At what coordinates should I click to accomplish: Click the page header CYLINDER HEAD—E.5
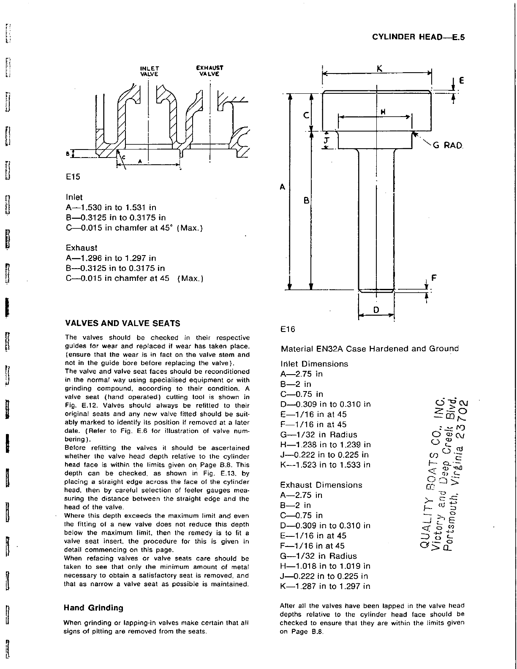(418, 37)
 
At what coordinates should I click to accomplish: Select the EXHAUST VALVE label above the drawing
(210, 71)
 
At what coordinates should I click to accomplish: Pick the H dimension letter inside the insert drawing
(383, 112)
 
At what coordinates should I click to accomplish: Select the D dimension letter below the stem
(376, 310)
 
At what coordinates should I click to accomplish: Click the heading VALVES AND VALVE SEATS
(122, 324)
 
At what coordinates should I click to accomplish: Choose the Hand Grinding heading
(93, 608)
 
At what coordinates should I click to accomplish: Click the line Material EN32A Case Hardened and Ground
(370, 349)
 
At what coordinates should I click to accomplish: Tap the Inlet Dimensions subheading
(314, 364)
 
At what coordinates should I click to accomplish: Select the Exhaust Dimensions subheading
(321, 485)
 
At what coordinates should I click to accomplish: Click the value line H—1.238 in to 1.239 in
(325, 445)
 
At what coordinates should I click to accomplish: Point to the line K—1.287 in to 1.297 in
(325, 586)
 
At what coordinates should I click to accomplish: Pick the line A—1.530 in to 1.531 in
(111, 208)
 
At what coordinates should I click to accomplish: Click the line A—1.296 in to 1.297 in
(111, 258)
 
